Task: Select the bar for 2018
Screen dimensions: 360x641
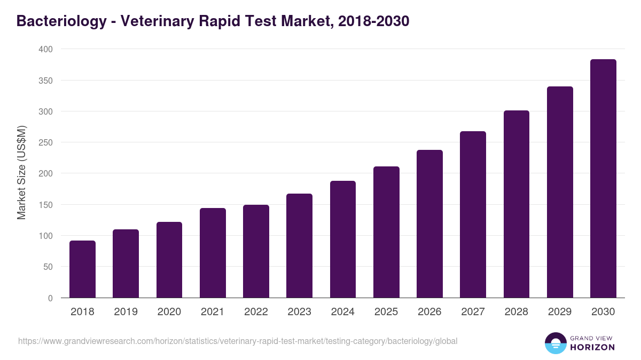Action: (82, 269)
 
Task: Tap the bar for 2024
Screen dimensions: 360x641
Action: (343, 239)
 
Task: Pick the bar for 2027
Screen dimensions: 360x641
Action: (473, 214)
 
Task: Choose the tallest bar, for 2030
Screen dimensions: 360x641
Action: (603, 179)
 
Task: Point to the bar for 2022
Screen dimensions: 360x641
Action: (256, 251)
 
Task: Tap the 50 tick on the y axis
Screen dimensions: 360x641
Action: (48, 267)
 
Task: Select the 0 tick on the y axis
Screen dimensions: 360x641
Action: (50, 298)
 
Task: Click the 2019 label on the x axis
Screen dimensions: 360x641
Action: (126, 312)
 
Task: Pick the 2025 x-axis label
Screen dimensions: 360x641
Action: (386, 312)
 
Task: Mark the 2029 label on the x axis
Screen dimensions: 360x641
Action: (560, 312)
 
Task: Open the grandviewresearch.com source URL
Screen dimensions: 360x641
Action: (238, 341)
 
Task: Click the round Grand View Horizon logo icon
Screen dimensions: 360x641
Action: (555, 343)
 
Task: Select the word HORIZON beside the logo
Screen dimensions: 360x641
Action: (592, 347)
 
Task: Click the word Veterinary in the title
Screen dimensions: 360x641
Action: (155, 21)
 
